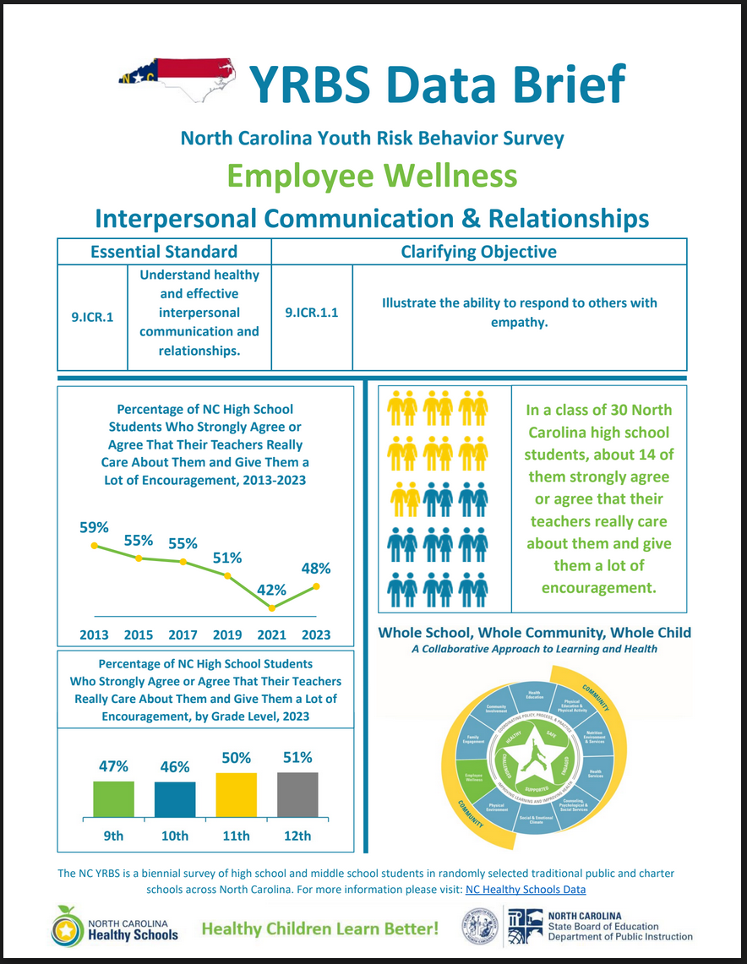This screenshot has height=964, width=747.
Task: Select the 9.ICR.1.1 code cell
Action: click(312, 312)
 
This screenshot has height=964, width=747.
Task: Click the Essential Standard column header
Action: click(164, 251)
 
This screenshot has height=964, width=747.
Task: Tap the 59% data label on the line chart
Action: click(94, 527)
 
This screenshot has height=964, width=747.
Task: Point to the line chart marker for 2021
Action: click(272, 607)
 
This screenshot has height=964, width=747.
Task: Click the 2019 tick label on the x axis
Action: click(227, 634)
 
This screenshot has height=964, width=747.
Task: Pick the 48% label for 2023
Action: click(316, 569)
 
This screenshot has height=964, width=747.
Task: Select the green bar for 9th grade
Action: click(113, 798)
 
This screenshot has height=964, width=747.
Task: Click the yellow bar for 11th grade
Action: click(236, 794)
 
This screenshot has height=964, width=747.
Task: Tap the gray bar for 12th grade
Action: click(297, 793)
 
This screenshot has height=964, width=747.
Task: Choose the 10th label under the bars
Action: click(175, 836)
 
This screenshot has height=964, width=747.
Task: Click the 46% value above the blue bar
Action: click(175, 768)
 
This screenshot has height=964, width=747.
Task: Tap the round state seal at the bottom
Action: click(480, 928)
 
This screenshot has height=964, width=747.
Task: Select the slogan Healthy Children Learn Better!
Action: click(319, 929)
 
